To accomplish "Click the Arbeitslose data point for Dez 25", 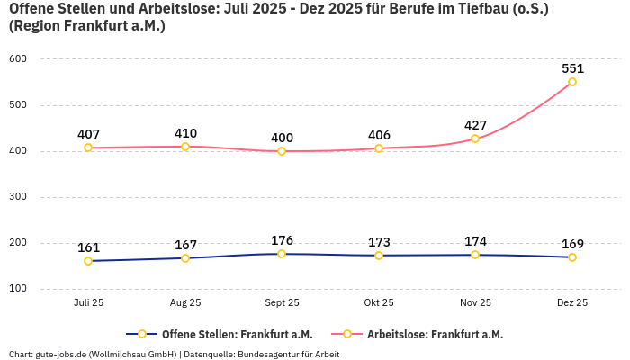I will [x=572, y=82].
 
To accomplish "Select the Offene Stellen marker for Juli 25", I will [x=88, y=261].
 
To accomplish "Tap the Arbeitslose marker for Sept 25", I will [x=282, y=151].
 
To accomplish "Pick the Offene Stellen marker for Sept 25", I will [x=282, y=254].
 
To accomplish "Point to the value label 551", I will [x=572, y=67].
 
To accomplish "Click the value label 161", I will [x=88, y=247].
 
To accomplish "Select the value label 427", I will [x=475, y=125].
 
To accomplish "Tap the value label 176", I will [x=282, y=240].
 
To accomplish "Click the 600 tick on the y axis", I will [x=18, y=58].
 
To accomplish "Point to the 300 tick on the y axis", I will [x=18, y=196].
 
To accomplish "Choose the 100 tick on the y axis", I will [x=18, y=289].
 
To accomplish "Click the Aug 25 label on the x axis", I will [x=185, y=303].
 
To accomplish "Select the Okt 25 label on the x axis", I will [x=379, y=303].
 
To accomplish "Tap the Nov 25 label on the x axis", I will [x=475, y=303].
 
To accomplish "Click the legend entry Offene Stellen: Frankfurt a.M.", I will [x=225, y=334].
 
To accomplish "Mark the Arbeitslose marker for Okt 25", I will [x=379, y=148].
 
